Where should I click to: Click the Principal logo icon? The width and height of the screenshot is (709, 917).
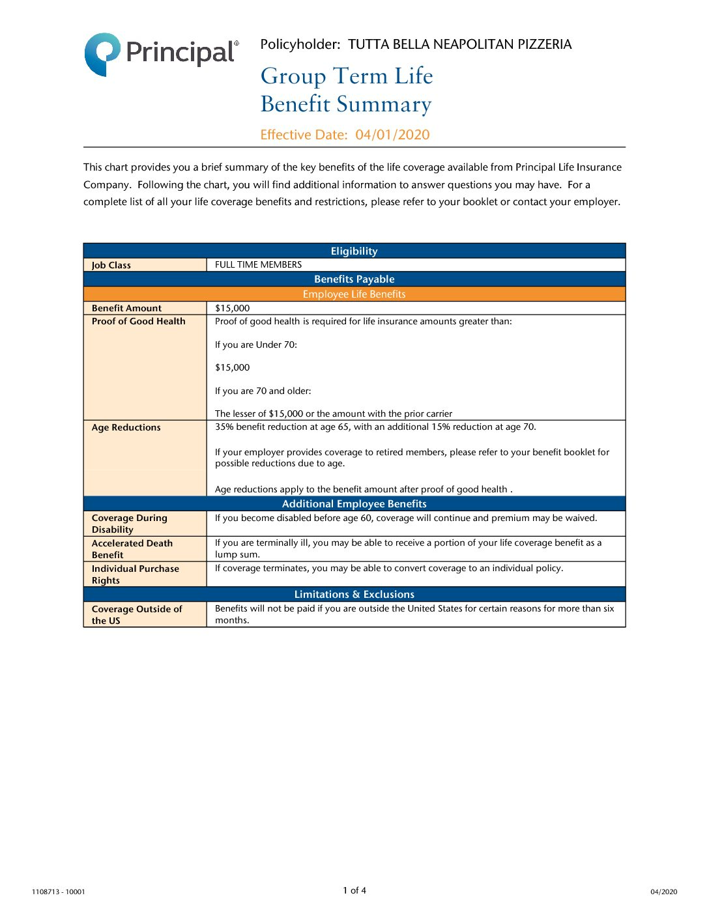click(x=102, y=53)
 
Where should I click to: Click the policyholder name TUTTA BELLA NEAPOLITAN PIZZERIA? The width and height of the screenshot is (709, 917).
click(x=459, y=44)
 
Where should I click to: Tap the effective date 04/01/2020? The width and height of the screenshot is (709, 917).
click(x=392, y=135)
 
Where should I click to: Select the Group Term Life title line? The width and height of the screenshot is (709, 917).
click(x=347, y=76)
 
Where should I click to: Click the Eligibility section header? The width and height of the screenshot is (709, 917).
click(x=354, y=251)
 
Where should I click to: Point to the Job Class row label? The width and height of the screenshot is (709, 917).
click(x=111, y=265)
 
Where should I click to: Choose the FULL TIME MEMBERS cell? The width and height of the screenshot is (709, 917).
click(x=259, y=264)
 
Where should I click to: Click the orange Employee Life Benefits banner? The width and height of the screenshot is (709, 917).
click(x=354, y=294)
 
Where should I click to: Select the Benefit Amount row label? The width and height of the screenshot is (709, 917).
click(x=126, y=308)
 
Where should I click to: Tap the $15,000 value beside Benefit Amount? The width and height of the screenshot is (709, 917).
click(x=233, y=308)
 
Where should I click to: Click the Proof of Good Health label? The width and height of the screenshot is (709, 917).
click(x=138, y=321)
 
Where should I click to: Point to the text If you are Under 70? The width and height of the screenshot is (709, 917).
click(x=256, y=345)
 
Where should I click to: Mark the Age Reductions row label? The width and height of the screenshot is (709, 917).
click(x=126, y=427)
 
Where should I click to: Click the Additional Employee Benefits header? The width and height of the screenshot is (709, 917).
click(x=354, y=503)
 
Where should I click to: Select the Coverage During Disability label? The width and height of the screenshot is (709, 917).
click(x=129, y=524)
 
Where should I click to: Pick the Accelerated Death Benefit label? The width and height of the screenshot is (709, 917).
click(x=132, y=549)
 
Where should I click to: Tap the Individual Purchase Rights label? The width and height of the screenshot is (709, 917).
click(x=135, y=574)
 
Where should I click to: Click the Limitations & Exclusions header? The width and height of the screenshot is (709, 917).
click(x=354, y=594)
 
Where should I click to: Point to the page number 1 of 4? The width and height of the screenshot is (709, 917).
click(x=354, y=890)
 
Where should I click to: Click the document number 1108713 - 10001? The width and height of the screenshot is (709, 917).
click(x=58, y=892)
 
